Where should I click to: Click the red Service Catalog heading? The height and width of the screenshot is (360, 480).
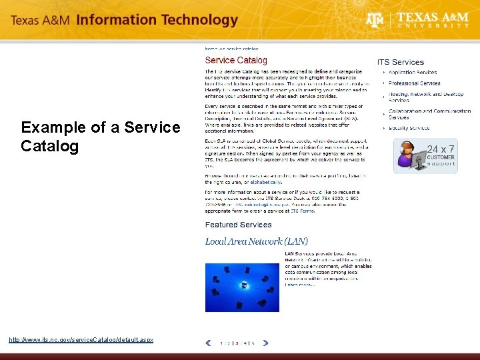pyautogui.click(x=236, y=61)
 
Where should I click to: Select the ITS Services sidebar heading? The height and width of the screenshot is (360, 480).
pyautogui.click(x=400, y=62)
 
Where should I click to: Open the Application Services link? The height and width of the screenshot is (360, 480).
pyautogui.click(x=413, y=72)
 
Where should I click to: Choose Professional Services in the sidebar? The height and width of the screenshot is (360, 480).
pyautogui.click(x=415, y=83)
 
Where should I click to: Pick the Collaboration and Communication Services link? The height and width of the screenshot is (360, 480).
pyautogui.click(x=429, y=114)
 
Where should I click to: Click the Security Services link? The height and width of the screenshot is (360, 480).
pyautogui.click(x=409, y=128)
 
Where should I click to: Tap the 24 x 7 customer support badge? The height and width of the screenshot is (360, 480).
pyautogui.click(x=425, y=156)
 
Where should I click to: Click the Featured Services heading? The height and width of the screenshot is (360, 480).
pyautogui.click(x=238, y=225)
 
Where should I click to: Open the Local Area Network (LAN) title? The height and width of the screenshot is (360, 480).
pyautogui.click(x=256, y=241)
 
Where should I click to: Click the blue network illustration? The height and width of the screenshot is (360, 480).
pyautogui.click(x=242, y=287)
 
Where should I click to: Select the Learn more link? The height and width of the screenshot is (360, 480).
pyautogui.click(x=299, y=285)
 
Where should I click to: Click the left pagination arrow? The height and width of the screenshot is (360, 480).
pyautogui.click(x=208, y=343)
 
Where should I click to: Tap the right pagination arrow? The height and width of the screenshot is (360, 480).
pyautogui.click(x=265, y=343)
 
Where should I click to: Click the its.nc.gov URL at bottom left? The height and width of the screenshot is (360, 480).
pyautogui.click(x=81, y=340)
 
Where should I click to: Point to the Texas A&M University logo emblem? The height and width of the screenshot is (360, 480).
pyautogui.click(x=375, y=21)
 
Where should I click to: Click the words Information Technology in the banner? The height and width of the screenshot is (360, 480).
pyautogui.click(x=157, y=20)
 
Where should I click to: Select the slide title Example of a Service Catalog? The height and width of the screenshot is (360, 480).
pyautogui.click(x=100, y=136)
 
